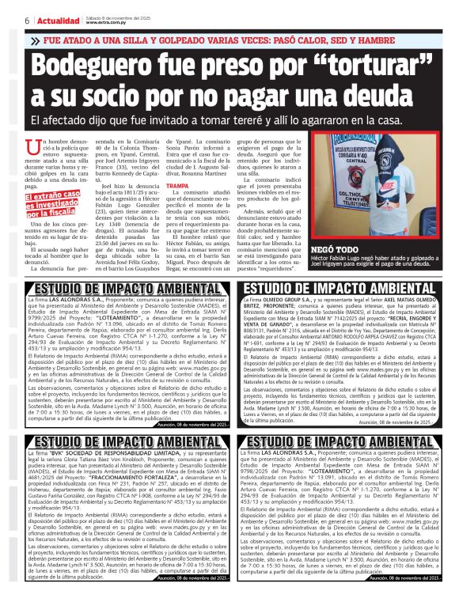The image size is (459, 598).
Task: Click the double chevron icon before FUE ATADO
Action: [35, 40]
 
